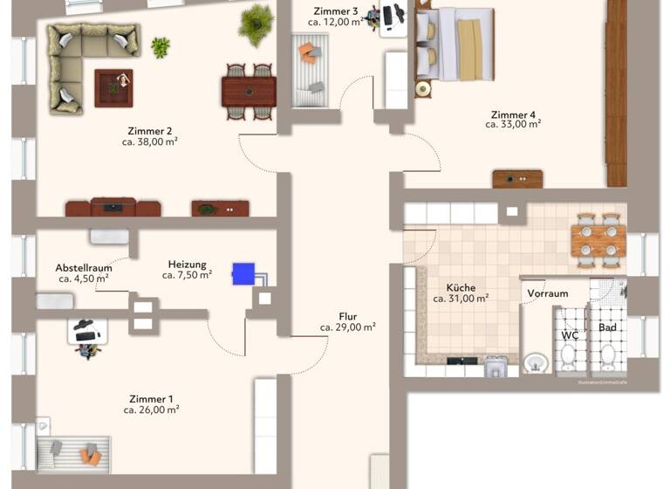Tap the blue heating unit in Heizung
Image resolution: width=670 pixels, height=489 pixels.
[x=243, y=273]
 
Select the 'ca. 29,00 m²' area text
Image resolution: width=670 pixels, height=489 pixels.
[x=347, y=327]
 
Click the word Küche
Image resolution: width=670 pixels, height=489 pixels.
[x=461, y=287]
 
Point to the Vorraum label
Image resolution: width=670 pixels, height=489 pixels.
[x=548, y=294]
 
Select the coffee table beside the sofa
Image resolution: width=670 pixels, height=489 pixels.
[x=113, y=86]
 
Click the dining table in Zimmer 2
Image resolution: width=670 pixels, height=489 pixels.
[x=249, y=90]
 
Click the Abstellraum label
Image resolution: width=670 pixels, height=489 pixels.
[x=83, y=268]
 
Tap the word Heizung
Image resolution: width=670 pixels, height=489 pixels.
[x=187, y=264]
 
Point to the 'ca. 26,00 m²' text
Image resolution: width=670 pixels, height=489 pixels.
[x=151, y=409]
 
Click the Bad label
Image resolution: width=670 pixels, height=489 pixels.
[x=607, y=328]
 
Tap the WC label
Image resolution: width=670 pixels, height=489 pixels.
[x=570, y=334]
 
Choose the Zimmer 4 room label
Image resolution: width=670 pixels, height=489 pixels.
[x=513, y=114]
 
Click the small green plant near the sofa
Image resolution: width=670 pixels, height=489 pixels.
[x=161, y=46]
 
